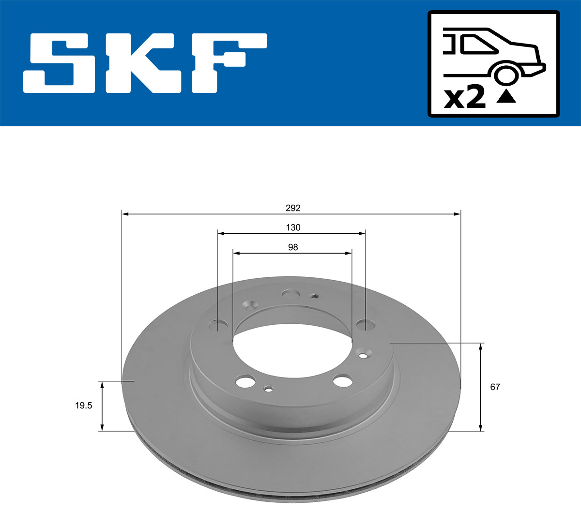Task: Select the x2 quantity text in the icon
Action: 465,98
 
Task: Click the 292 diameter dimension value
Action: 293,208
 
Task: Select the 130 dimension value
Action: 293,227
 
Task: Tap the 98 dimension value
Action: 293,247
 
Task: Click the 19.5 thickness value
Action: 83,406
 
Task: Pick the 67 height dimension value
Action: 495,387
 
